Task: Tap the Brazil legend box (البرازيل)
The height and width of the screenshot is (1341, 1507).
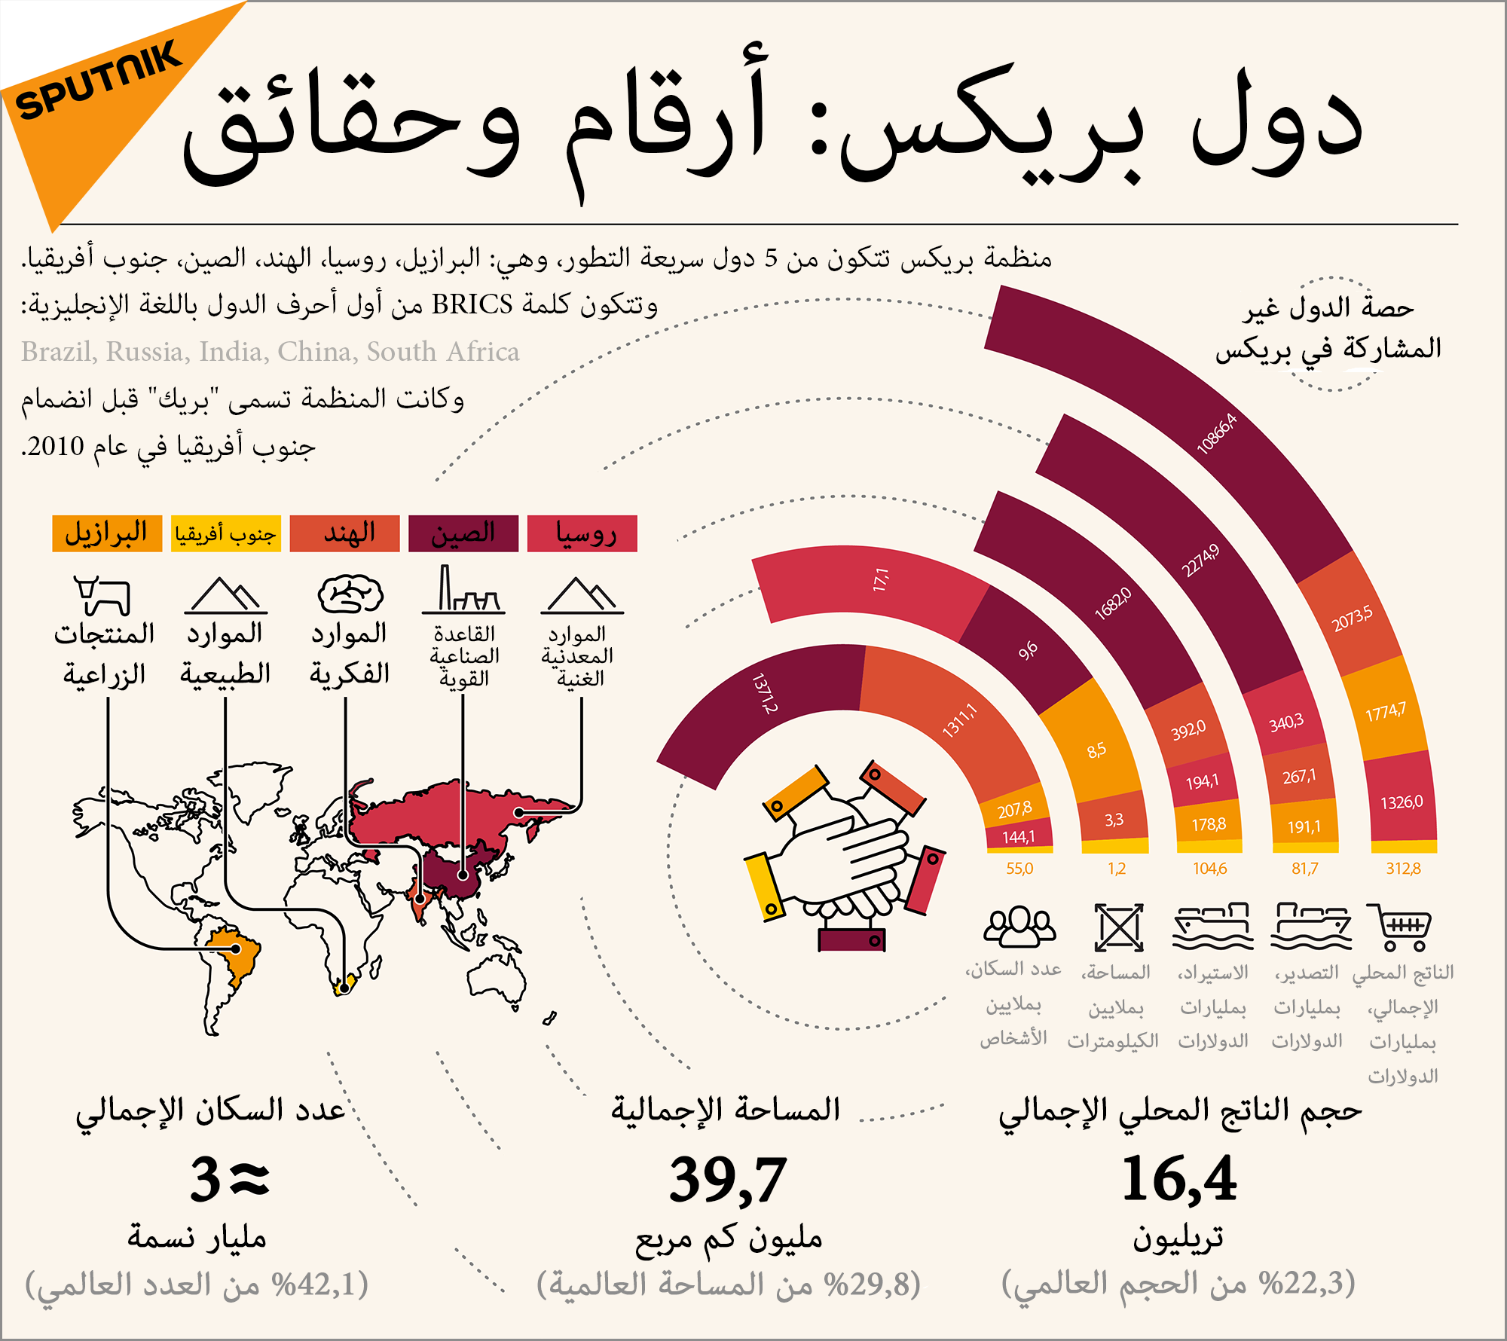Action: point(107,533)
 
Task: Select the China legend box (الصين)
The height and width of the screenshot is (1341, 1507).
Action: point(463,533)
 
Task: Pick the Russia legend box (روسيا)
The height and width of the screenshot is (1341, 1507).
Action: point(582,533)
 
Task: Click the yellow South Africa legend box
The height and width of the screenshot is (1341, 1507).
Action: point(226,533)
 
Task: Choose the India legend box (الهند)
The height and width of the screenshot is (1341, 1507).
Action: point(344,533)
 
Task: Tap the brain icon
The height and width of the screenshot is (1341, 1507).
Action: point(350,594)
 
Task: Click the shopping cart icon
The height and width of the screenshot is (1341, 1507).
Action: point(1400,927)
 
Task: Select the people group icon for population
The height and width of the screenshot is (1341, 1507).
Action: point(1019,927)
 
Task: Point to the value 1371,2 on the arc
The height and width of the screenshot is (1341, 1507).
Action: point(765,694)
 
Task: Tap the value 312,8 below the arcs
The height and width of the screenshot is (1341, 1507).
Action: point(1403,869)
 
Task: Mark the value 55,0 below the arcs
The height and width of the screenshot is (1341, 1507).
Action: point(1019,869)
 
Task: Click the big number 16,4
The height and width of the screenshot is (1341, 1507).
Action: point(1179,1179)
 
